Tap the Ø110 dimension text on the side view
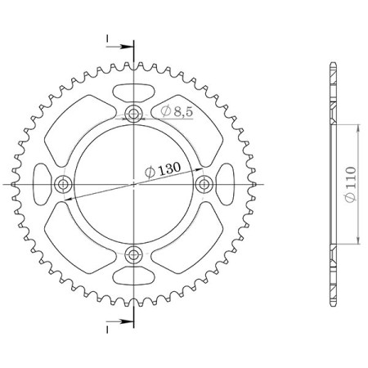click(x=350, y=184)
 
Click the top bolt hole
click(x=134, y=114)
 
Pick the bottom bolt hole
click(x=134, y=254)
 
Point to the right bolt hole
click(x=204, y=184)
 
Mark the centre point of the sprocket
click(x=134, y=184)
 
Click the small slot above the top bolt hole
click(x=134, y=90)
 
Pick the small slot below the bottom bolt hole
click(x=134, y=277)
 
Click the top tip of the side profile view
click(x=332, y=64)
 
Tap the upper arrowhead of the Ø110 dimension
click(x=357, y=129)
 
